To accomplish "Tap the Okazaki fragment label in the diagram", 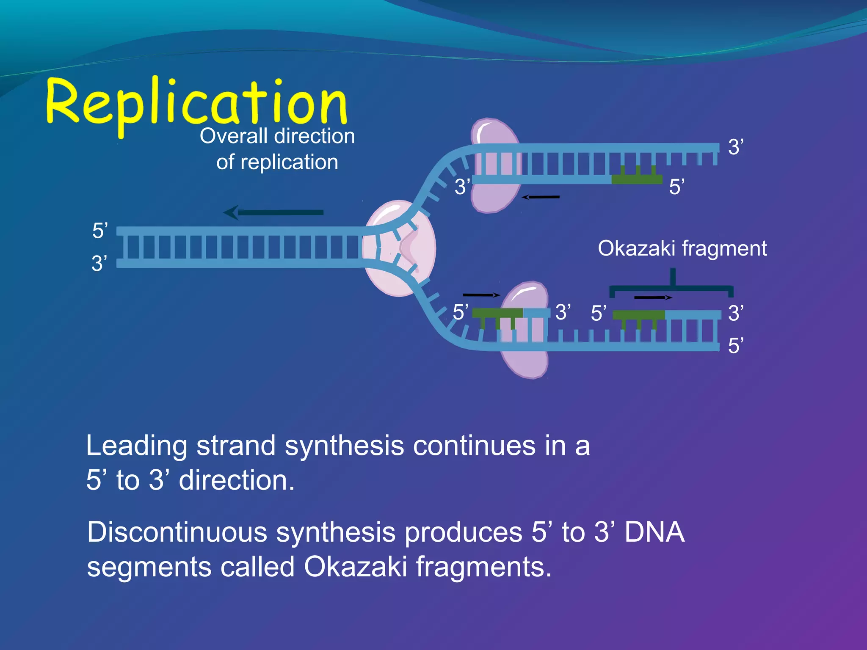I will point(682,248).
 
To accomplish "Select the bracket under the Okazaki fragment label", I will point(671,289).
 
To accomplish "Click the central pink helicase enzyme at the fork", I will point(400,248).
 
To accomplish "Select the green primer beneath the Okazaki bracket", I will point(638,315).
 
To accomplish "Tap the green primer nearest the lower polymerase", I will point(497,314).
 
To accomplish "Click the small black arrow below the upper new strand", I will point(541,197).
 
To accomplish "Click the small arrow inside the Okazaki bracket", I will point(653,297).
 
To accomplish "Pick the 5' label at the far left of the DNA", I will point(100,231).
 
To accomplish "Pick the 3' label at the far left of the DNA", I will point(99,264).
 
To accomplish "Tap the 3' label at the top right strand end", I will point(736,147).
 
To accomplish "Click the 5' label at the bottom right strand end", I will point(736,346).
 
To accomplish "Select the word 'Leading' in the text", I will point(136,446).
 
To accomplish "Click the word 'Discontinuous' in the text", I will point(177,532).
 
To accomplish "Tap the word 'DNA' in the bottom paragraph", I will point(654,532).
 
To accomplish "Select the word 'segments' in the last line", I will point(148,567).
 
